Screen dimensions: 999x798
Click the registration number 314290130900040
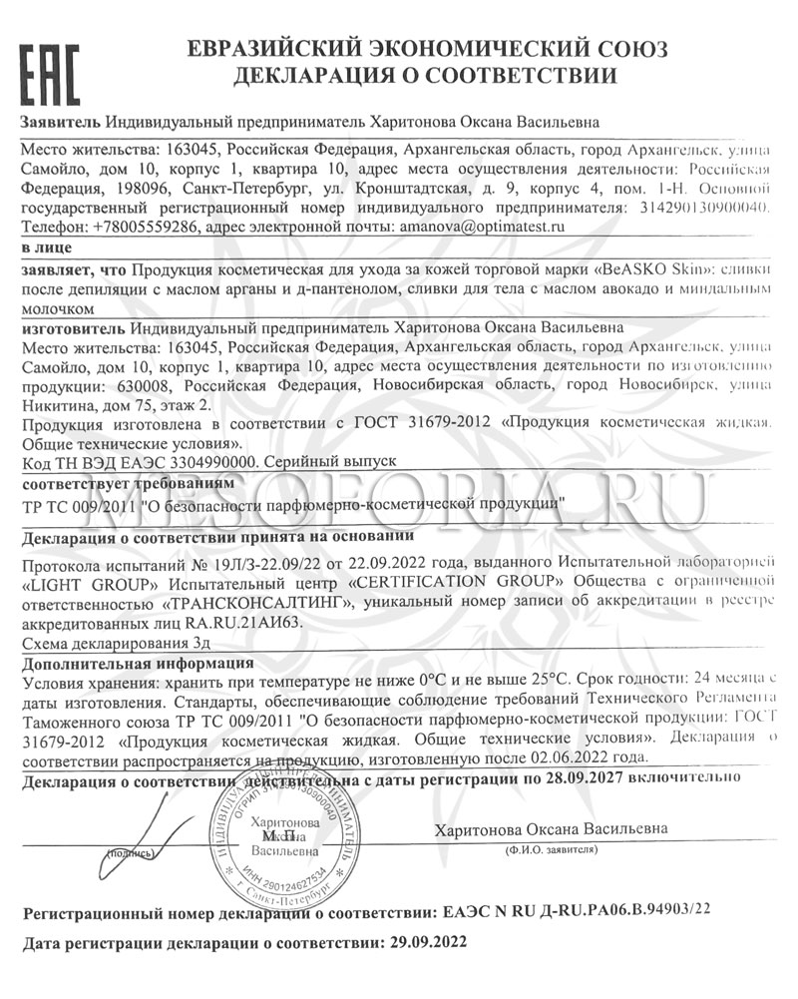coord(697,208)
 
